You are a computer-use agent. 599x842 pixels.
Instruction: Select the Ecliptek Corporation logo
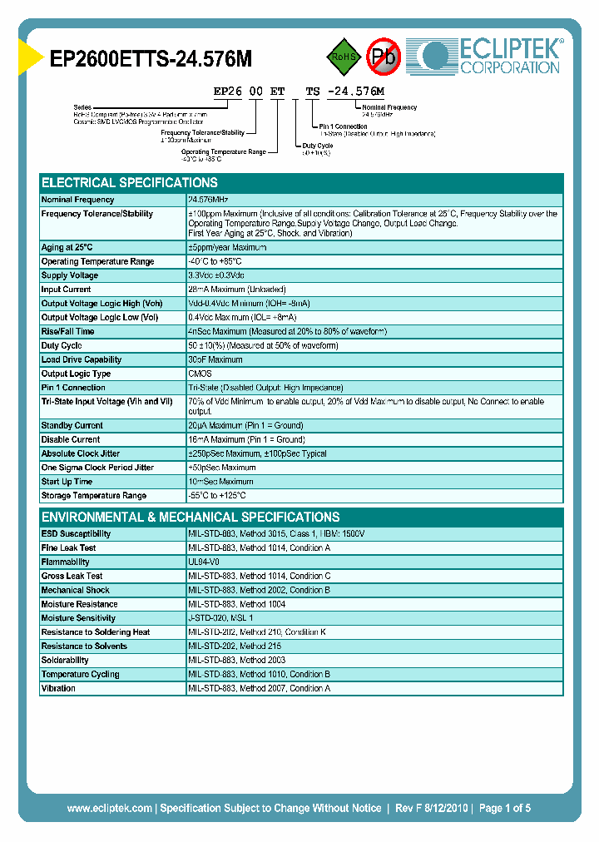(492, 56)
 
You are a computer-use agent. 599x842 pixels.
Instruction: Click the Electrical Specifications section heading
(130, 183)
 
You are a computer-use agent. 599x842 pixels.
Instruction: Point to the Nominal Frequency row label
(78, 200)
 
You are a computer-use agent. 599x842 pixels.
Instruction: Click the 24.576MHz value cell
(208, 200)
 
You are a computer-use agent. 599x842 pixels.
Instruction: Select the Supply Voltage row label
(70, 275)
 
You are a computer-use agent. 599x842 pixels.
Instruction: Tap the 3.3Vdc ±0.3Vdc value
(216, 275)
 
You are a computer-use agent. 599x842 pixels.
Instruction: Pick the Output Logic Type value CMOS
(200, 374)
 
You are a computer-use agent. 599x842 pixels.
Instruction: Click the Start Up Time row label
(67, 482)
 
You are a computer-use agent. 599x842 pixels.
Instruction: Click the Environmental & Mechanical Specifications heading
(191, 517)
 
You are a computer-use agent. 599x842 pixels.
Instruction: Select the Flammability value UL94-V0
(204, 562)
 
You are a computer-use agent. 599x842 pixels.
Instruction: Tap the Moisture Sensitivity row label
(78, 618)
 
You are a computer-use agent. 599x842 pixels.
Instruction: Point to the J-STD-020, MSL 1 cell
(220, 618)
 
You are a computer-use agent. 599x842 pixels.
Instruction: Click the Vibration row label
(59, 689)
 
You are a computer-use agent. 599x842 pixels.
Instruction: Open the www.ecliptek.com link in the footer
(109, 808)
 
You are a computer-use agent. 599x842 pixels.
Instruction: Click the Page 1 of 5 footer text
(504, 808)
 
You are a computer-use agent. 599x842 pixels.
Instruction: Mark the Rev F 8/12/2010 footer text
(432, 808)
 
